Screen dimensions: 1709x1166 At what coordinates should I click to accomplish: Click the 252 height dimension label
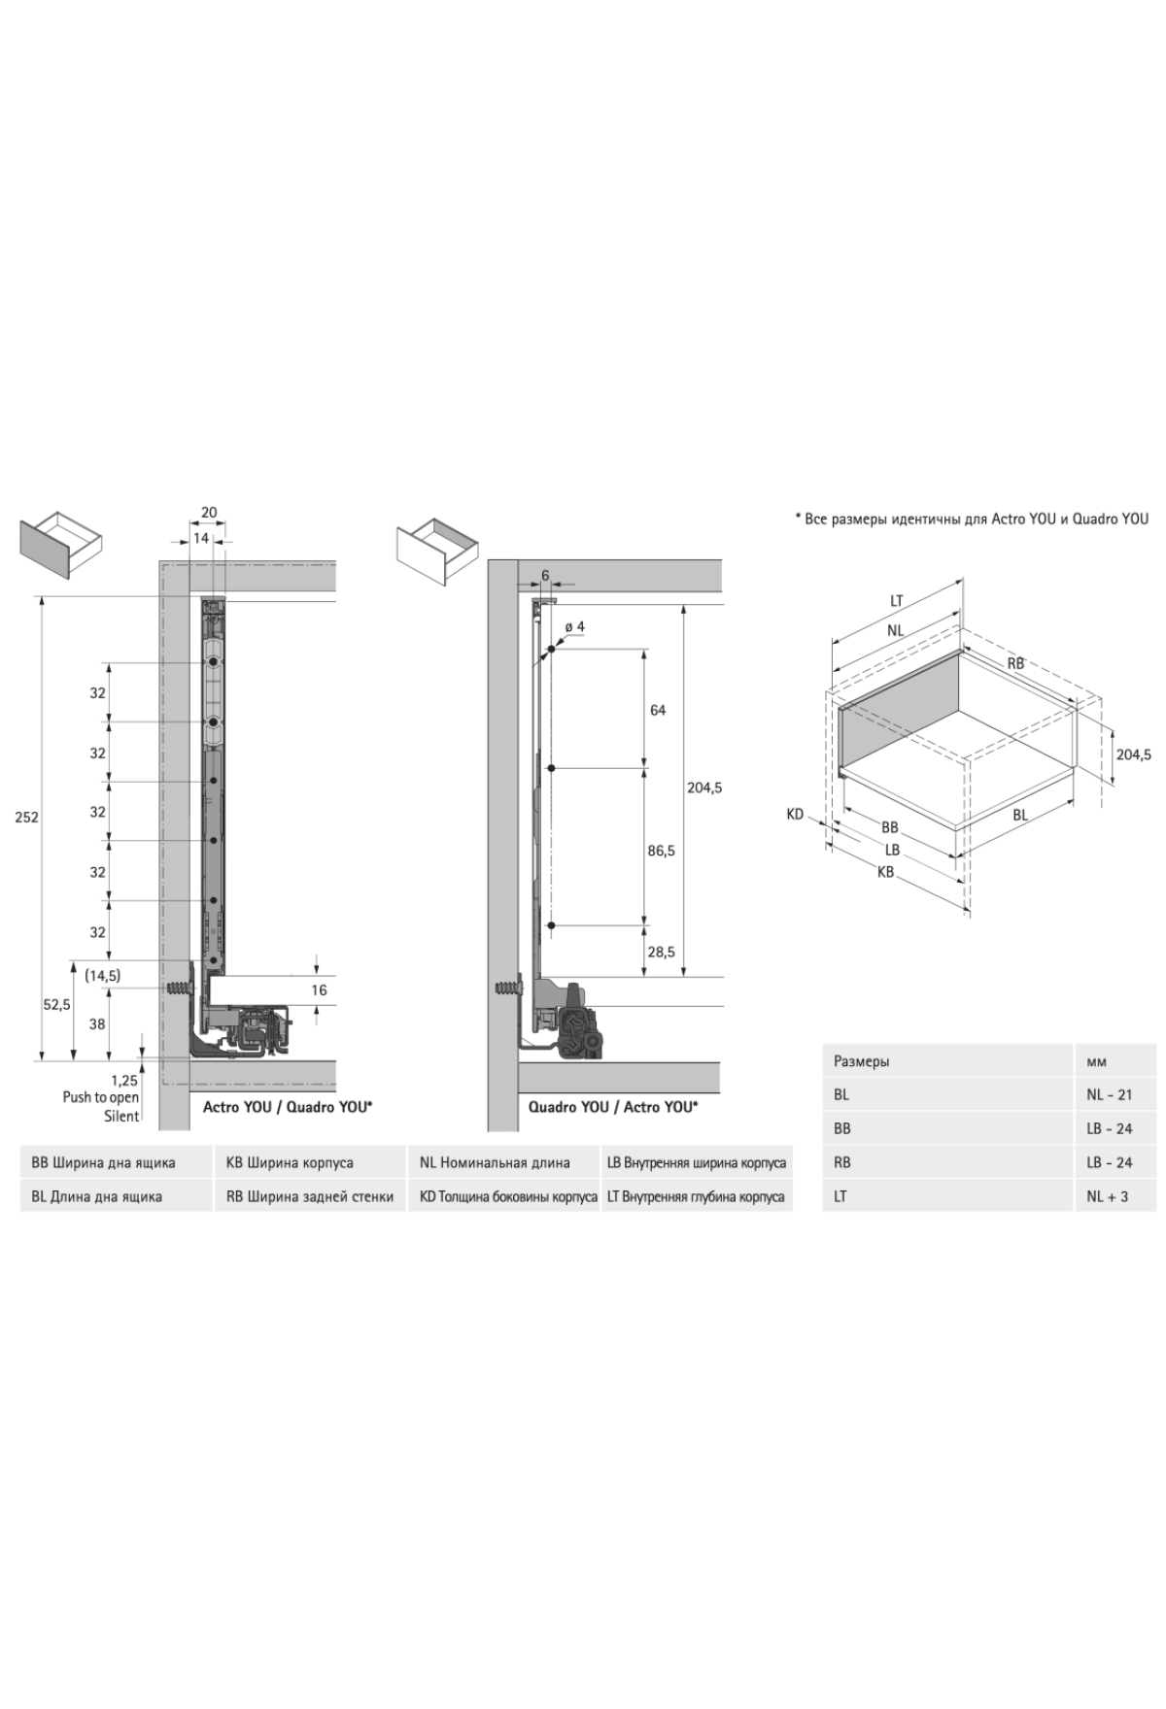27,818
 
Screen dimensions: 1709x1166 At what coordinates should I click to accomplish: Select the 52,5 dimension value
56,1005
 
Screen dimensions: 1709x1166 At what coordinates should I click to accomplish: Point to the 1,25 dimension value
123,1080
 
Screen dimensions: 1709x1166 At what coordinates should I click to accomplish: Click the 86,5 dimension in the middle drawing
662,851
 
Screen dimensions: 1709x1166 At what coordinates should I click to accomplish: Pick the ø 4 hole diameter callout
574,627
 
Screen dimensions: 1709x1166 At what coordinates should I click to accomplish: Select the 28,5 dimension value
662,953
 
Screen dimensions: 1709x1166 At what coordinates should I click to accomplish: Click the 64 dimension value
658,711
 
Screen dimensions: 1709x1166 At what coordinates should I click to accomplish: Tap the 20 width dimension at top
209,513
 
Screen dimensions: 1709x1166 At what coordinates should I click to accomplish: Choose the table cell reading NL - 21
1109,1094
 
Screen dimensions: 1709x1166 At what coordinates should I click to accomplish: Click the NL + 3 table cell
1107,1196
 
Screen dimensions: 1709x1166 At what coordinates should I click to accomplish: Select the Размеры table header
861,1061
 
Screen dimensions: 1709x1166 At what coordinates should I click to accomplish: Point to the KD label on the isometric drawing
795,815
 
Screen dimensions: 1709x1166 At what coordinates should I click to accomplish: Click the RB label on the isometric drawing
1015,664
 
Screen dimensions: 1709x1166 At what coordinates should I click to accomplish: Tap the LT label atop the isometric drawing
897,601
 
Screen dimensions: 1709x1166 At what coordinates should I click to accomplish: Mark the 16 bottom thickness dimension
319,990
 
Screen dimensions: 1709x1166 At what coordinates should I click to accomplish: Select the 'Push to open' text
101,1097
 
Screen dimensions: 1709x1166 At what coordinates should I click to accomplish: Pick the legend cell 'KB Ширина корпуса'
290,1162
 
